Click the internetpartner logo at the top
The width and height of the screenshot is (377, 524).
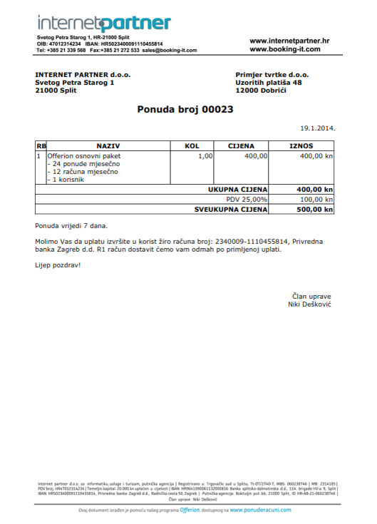coord(104,23)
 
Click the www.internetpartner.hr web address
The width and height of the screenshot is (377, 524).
coord(289,41)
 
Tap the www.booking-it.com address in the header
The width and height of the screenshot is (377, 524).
coord(289,50)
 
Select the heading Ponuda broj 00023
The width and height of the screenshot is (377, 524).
coord(185,109)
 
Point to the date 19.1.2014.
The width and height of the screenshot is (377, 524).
coord(318,129)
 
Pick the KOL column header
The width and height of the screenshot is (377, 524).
coord(192,145)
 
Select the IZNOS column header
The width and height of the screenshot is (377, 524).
coord(301,145)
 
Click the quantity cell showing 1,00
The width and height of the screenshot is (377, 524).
coord(205,155)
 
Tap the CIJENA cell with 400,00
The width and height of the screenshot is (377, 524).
coord(256,155)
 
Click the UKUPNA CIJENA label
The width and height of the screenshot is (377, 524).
coord(237,190)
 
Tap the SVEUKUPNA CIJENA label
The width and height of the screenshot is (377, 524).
coord(232,210)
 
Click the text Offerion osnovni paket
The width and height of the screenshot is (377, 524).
coord(84,155)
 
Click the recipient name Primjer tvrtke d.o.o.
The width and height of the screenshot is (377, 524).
coord(272,74)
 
